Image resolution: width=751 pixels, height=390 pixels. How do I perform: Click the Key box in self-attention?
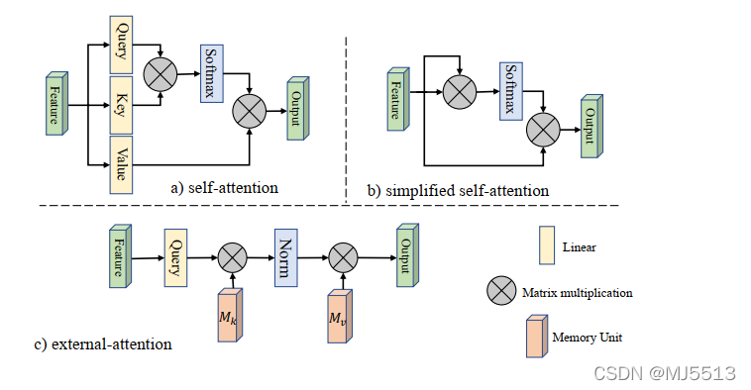(121, 105)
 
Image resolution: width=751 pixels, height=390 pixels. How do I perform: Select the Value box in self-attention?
(121, 164)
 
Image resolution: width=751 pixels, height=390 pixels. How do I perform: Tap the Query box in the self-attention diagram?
(121, 45)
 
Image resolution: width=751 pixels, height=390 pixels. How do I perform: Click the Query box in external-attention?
(175, 258)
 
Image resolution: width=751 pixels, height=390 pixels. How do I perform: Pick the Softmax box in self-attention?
(212, 73)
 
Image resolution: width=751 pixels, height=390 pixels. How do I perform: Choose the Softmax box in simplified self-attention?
(511, 91)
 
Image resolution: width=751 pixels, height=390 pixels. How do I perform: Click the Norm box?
(286, 258)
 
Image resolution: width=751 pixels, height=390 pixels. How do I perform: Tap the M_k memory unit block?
(230, 316)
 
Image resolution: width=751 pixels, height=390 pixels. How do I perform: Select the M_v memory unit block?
(340, 317)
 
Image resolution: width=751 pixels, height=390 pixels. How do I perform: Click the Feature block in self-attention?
(57, 103)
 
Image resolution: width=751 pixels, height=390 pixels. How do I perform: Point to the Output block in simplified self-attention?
(592, 127)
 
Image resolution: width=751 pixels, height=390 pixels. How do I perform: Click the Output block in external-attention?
(407, 255)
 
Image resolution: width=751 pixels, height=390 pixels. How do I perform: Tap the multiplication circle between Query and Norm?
(233, 257)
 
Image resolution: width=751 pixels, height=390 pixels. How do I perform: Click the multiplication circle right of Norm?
(343, 257)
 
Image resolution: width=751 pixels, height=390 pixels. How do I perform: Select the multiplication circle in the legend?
(501, 290)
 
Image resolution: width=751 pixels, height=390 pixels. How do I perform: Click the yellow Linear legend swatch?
(547, 245)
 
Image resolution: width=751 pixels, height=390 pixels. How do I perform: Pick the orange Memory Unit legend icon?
(537, 337)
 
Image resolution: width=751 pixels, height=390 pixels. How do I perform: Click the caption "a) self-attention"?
(225, 188)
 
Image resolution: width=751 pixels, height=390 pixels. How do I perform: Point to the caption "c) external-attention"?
(103, 344)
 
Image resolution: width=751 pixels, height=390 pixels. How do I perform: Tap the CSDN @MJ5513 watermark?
(665, 373)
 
